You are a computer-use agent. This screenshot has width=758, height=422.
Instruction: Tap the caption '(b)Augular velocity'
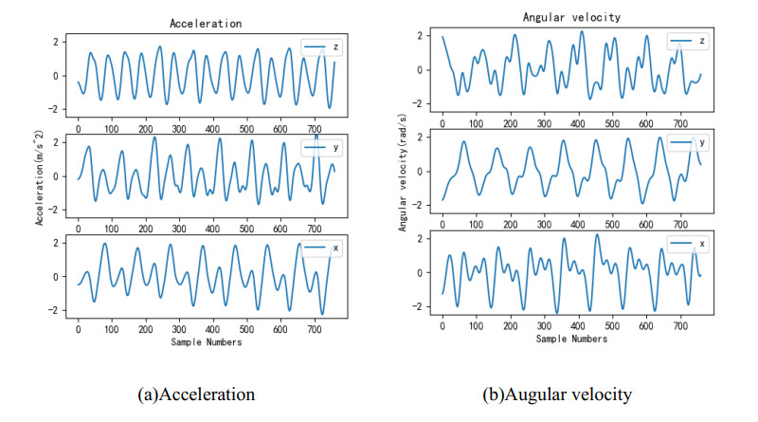click(x=558, y=391)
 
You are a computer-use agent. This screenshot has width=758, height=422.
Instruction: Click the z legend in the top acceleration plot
click(x=318, y=46)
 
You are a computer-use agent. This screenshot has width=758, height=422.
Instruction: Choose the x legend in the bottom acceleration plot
click(x=318, y=248)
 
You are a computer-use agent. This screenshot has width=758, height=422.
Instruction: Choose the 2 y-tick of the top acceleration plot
click(x=59, y=42)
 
